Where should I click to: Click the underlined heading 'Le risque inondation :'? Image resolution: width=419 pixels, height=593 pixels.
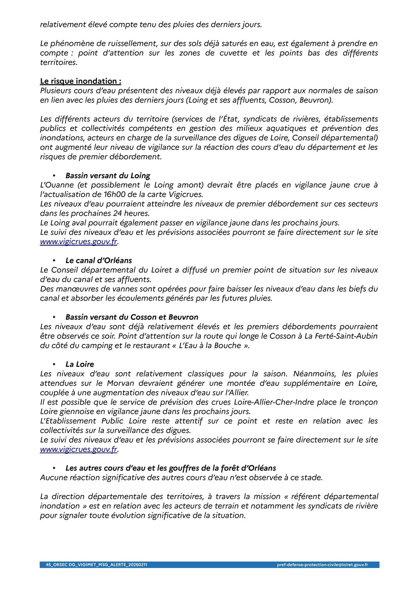click(80, 81)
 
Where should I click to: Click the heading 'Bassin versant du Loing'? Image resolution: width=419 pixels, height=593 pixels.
click(108, 176)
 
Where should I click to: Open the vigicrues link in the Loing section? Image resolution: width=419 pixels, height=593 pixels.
click(79, 242)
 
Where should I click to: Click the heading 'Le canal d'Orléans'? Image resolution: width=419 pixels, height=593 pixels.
click(99, 260)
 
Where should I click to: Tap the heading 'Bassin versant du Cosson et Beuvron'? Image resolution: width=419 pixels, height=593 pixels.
click(132, 317)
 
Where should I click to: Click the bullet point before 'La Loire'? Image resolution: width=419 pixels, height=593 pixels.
click(54, 364)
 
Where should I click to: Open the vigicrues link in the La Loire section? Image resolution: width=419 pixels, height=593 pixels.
click(79, 449)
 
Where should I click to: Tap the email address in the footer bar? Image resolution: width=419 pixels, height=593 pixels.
click(322, 565)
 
